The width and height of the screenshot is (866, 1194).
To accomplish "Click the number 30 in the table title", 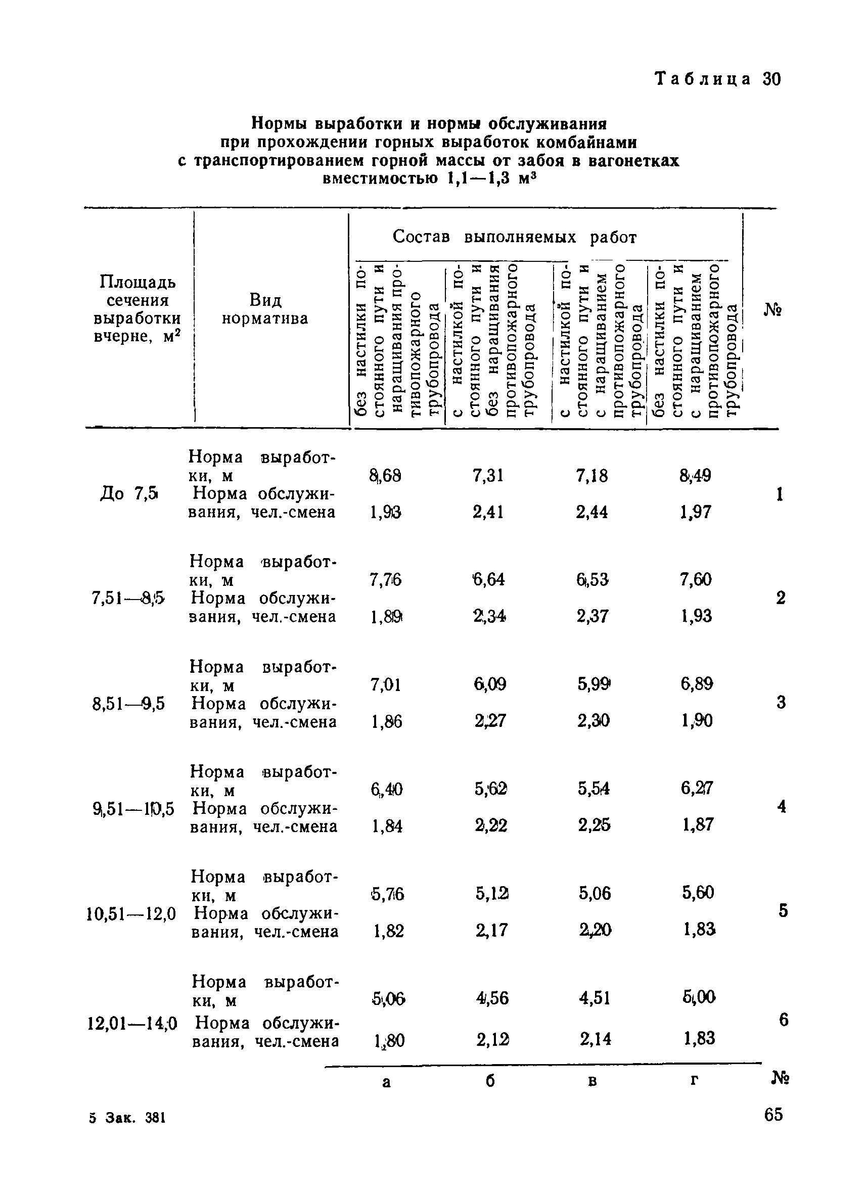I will coord(771,79).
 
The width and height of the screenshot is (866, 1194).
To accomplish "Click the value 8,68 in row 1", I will coord(385,475).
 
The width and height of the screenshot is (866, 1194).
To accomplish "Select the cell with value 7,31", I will coord(488,475).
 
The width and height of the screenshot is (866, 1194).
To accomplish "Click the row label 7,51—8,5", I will coord(128,598).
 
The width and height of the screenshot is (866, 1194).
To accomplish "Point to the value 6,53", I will coord(592,580).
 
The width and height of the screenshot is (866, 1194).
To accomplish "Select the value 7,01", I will coord(386,685).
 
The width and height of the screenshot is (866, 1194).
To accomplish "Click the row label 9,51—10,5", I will coord(132,808).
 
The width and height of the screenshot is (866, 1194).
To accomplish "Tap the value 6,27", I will coord(697,788).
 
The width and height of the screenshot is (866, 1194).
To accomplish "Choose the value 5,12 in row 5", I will coord(492,893).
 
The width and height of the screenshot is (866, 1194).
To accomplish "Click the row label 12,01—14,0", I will coord(132,1024).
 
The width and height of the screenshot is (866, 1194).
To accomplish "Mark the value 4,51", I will coord(595,998).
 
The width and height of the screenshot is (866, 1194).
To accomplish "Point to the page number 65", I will coord(773,1115).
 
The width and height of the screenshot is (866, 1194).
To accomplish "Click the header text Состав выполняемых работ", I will coord(514,238).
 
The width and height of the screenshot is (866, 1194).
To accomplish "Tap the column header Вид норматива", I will coord(265,309).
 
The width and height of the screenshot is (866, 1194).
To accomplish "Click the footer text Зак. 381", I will coord(135,1118).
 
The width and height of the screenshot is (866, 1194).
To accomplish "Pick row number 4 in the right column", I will coord(781,806).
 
